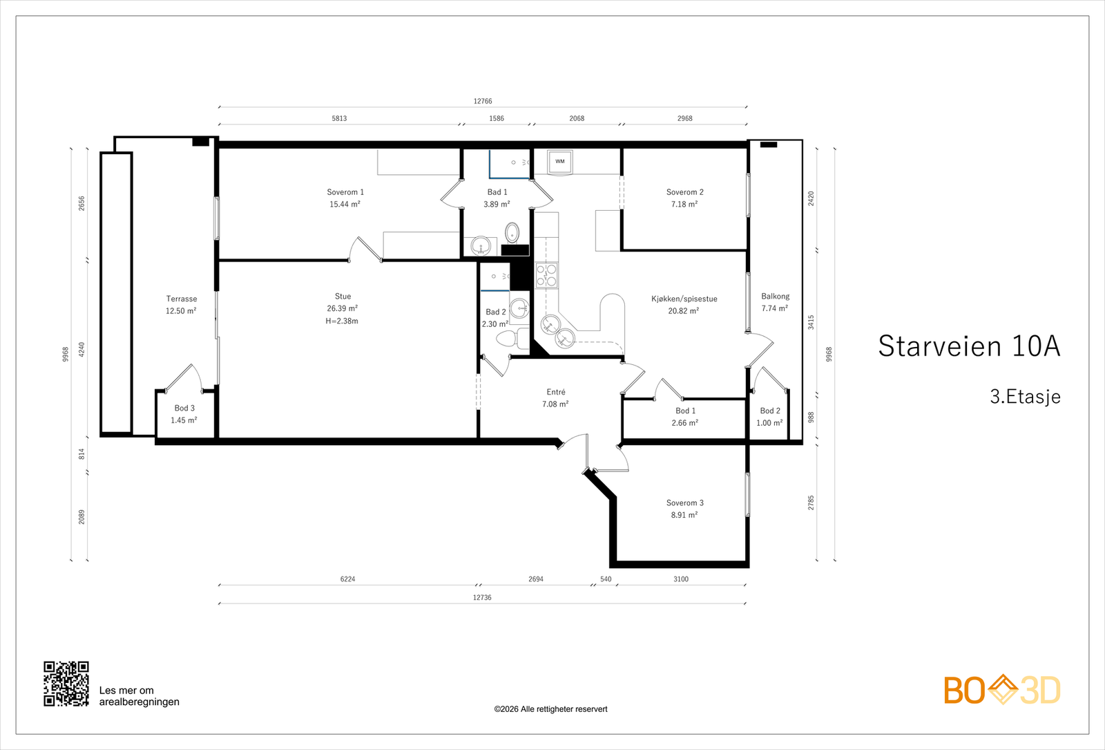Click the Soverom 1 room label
tap(345, 192)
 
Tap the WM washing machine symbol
tap(560, 162)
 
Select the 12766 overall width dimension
tap(483, 101)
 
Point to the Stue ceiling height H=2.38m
tap(342, 321)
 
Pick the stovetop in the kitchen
tap(546, 275)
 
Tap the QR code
tap(66, 684)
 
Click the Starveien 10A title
tap(969, 346)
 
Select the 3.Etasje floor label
tap(1025, 397)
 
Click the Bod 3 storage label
tap(184, 409)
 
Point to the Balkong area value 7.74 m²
tap(774, 308)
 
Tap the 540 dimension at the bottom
tap(606, 579)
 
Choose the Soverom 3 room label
tap(684, 503)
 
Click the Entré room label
tap(556, 392)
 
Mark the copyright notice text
tap(550, 709)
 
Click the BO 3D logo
tap(1002, 689)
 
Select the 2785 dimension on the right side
tap(811, 503)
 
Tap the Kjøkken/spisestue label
tap(684, 299)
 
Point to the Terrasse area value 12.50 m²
tap(181, 311)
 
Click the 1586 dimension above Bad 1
tap(497, 118)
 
